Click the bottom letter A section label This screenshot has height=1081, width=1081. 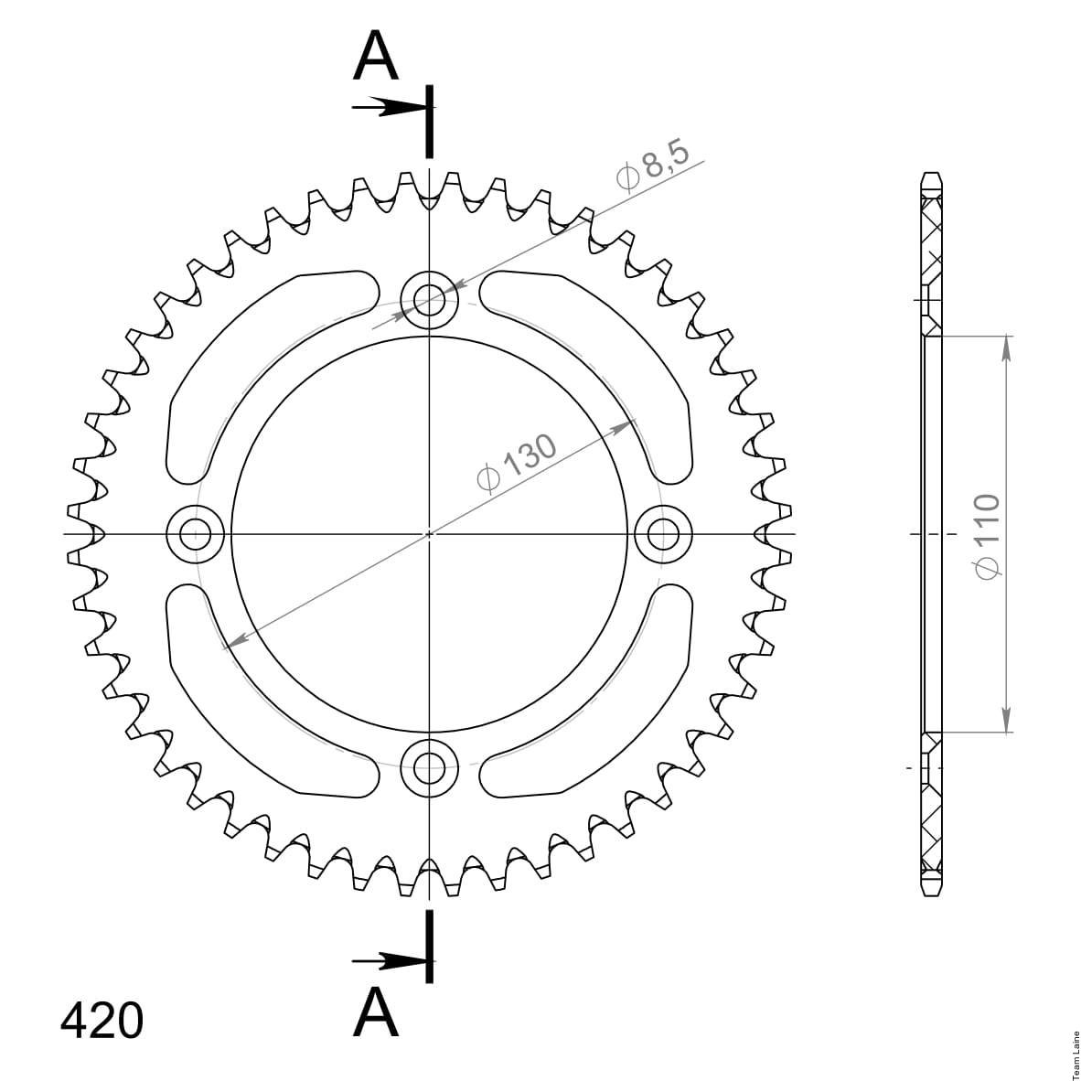point(376,1011)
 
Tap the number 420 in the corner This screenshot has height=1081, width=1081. point(102,1020)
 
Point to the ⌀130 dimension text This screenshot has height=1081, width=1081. point(517,463)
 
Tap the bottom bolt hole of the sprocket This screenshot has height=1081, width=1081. point(429,766)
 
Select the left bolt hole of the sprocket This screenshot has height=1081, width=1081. point(196,533)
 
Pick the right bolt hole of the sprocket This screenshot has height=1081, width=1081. point(662,533)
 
